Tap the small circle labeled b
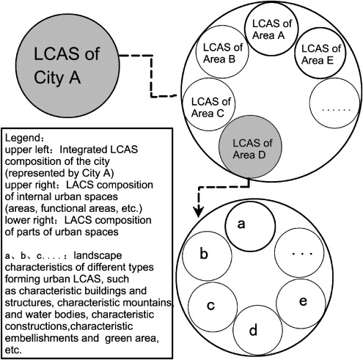[205, 255]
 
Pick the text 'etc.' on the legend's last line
[14, 350]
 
